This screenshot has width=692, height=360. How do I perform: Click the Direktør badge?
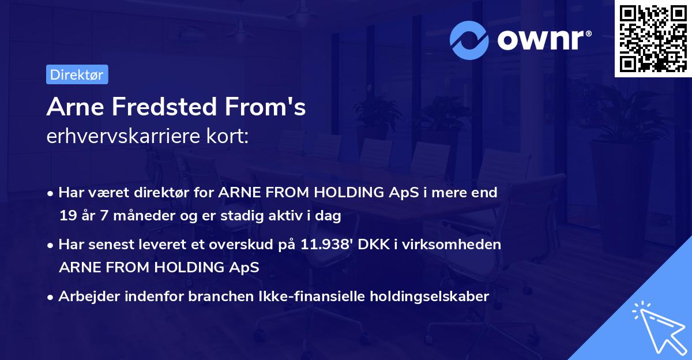pos(77,74)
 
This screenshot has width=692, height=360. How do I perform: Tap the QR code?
pos(653,38)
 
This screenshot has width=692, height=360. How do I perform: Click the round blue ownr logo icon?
pos(469,40)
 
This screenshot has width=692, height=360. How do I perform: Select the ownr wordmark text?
pos(544,40)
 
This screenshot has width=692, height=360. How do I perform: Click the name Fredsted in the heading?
pos(164,107)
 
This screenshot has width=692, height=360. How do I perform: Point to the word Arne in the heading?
pos(75,107)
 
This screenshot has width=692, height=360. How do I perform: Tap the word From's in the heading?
pos(265,107)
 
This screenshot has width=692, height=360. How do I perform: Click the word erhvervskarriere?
pos(123,136)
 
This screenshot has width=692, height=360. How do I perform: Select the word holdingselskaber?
pos(430,297)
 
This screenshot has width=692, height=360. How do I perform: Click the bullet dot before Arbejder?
pos(50,298)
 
